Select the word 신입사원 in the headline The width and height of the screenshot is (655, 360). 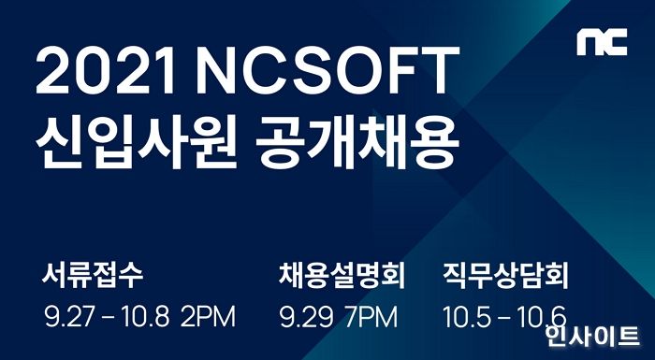point(132,145)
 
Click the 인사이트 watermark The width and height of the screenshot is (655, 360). point(595,338)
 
